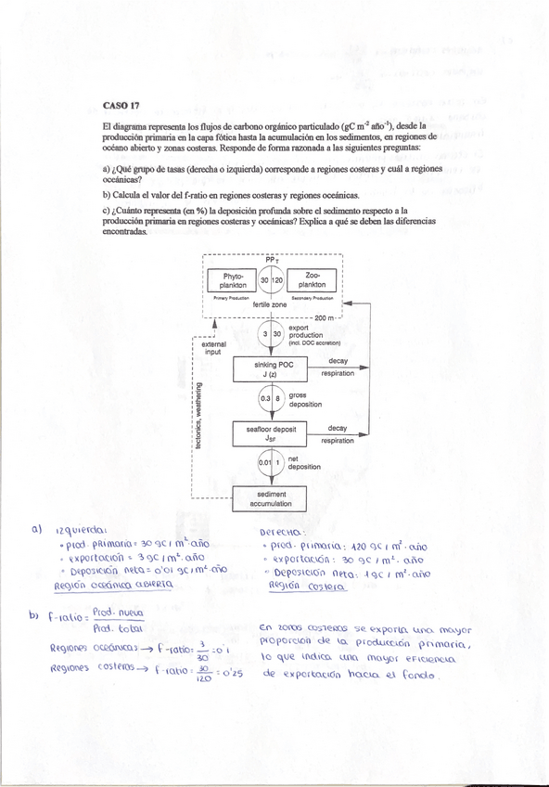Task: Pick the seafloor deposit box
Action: (x=272, y=433)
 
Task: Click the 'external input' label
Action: (x=212, y=348)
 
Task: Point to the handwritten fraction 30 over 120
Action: (x=204, y=674)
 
